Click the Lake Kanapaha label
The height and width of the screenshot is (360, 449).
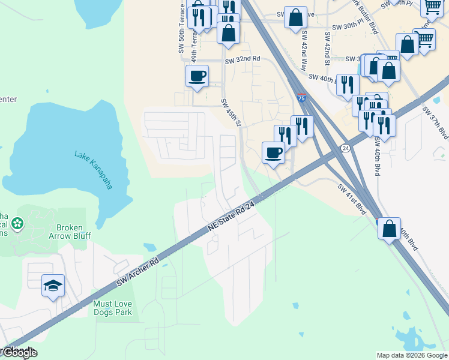pyautogui.click(x=94, y=170)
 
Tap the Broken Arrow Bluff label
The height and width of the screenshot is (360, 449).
pyautogui.click(x=73, y=232)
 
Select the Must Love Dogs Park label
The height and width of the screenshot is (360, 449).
pyautogui.click(x=112, y=308)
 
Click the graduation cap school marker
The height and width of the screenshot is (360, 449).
pyautogui.click(x=53, y=286)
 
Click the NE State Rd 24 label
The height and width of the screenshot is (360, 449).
pyautogui.click(x=232, y=217)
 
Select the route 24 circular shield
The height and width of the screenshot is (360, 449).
pyautogui.click(x=345, y=148)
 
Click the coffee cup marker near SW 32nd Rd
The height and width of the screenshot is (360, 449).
pyautogui.click(x=197, y=76)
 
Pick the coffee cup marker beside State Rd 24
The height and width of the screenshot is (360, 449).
pyautogui.click(x=274, y=152)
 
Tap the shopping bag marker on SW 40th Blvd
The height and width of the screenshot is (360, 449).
pyautogui.click(x=389, y=228)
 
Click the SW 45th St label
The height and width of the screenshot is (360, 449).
pyautogui.click(x=230, y=113)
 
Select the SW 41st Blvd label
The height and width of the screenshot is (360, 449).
pyautogui.click(x=352, y=200)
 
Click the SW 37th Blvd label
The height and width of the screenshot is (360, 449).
pyautogui.click(x=435, y=123)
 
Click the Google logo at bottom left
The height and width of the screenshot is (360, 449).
pyautogui.click(x=19, y=353)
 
